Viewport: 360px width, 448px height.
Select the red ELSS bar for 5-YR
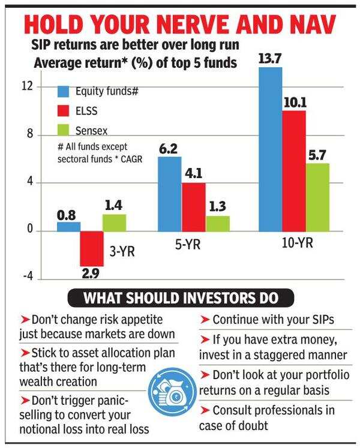tap(194, 207)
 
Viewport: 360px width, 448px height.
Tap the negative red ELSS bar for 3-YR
tap(92, 248)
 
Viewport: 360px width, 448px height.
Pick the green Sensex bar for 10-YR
tap(317, 197)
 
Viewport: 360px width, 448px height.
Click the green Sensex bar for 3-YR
tap(114, 223)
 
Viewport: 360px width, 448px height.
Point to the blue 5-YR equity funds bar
tap(169, 194)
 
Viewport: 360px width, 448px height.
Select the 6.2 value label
tap(169, 147)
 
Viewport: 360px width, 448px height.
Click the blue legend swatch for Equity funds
tap(64, 92)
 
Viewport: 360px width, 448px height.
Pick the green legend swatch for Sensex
tap(64, 129)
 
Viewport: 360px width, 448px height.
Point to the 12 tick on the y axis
tap(26, 86)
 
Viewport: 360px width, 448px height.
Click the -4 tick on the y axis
tap(25, 279)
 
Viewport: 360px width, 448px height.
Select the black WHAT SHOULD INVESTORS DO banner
tap(180, 297)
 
